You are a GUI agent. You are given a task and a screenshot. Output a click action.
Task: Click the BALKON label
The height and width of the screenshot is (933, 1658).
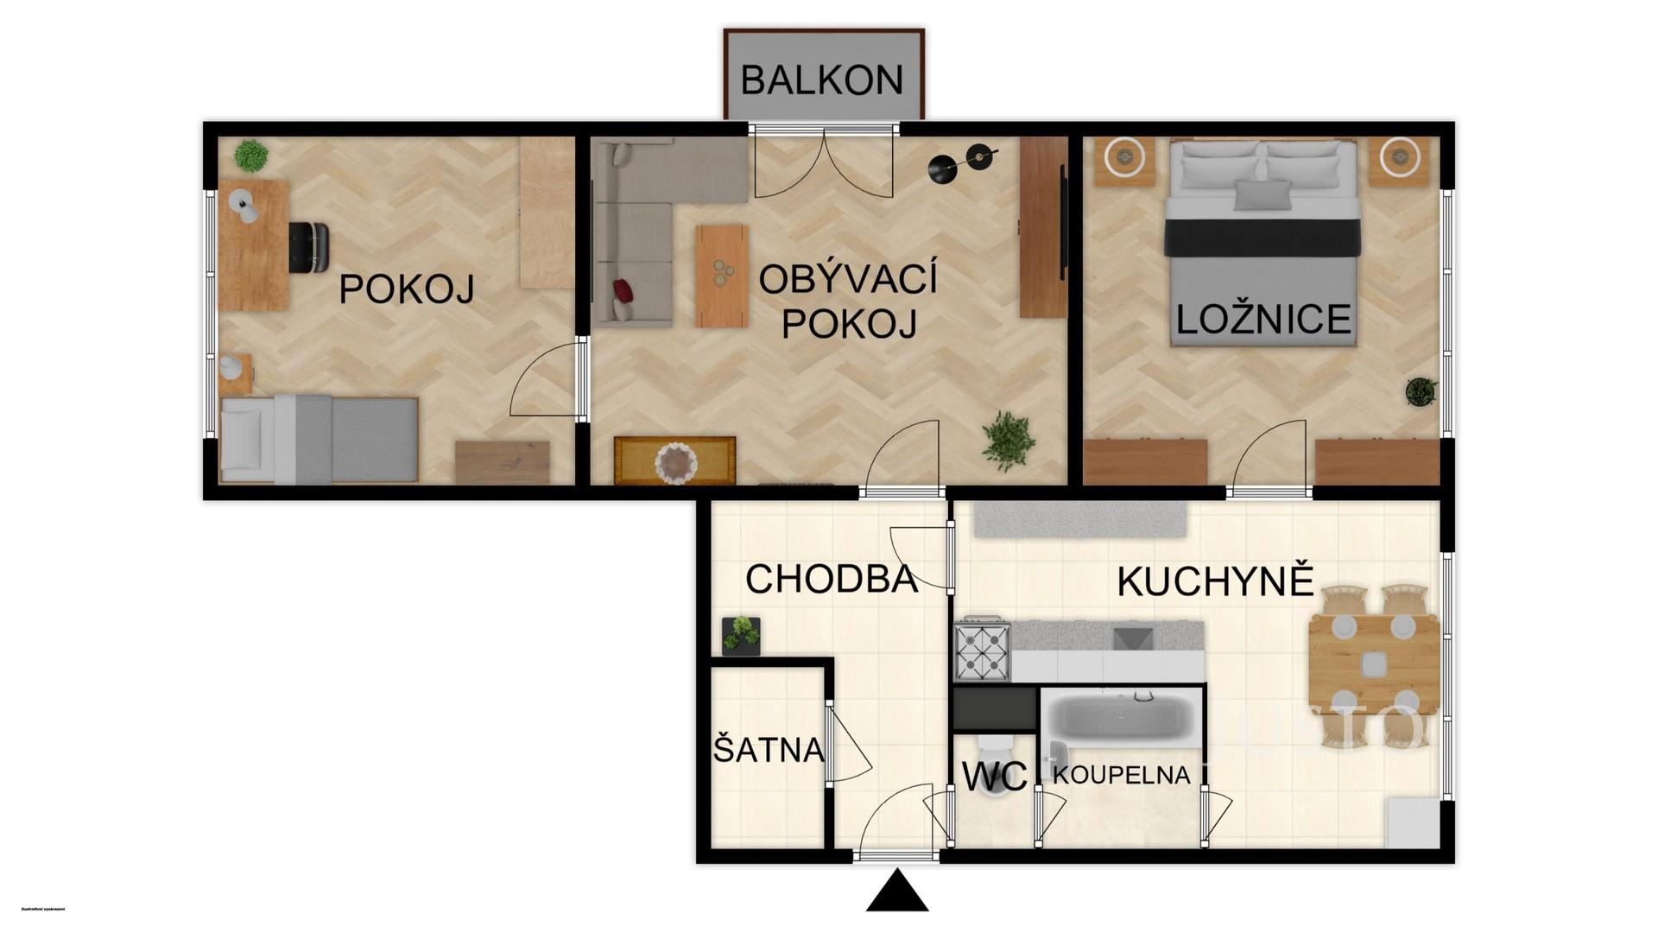(x=821, y=80)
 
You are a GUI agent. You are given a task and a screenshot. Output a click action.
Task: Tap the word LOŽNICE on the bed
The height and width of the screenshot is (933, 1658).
(x=1263, y=320)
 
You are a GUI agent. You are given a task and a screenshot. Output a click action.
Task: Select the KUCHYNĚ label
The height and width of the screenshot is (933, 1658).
(x=1215, y=582)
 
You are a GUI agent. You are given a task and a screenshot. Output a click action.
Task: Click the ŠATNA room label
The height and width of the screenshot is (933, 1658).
(x=769, y=750)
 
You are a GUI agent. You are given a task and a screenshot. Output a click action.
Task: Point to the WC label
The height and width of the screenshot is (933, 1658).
(x=994, y=777)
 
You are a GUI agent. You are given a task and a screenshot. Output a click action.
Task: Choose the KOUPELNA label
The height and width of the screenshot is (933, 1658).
(x=1121, y=775)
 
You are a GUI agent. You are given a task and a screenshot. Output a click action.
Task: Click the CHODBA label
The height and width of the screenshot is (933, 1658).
(x=831, y=579)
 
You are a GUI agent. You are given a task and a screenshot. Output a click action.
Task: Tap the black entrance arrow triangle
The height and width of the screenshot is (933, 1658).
(x=896, y=893)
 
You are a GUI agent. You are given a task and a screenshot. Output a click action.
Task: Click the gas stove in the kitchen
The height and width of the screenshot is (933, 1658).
(x=982, y=649)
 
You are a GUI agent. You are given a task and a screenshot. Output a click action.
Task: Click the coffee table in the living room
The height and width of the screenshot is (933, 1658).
(x=721, y=276)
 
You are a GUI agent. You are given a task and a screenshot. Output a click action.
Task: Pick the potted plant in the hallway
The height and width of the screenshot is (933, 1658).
(x=741, y=635)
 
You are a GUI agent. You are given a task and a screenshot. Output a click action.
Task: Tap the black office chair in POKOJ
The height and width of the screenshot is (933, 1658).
(x=308, y=247)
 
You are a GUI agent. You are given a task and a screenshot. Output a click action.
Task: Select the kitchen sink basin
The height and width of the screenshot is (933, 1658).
(x=1132, y=639)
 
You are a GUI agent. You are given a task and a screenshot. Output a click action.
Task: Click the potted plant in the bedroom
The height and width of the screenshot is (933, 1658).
(x=1421, y=391)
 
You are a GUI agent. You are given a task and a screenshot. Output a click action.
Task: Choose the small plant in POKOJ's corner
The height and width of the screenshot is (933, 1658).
(x=250, y=155)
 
